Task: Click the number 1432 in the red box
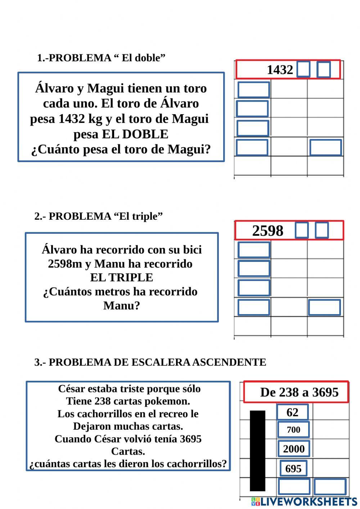[x=280, y=70]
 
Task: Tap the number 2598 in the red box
[x=267, y=231]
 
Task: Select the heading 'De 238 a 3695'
[x=299, y=392]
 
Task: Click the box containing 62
[x=292, y=412]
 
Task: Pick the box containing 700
[x=293, y=429]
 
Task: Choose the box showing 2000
[x=293, y=449]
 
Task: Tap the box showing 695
[x=293, y=468]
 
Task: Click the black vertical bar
[x=257, y=450]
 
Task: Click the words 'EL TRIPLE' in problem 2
[x=122, y=277]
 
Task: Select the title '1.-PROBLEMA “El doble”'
[x=101, y=58]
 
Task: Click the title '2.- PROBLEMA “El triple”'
[x=99, y=216]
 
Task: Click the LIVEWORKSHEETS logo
[x=304, y=501]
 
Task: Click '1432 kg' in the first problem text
[x=80, y=119]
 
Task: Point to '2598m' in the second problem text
[x=65, y=264]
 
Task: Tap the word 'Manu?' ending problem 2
[x=122, y=305]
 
